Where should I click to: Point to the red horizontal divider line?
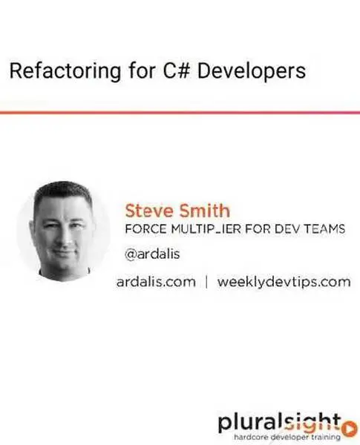tap(180, 112)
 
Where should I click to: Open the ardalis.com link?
tap(156, 282)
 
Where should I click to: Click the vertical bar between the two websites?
tap(206, 282)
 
